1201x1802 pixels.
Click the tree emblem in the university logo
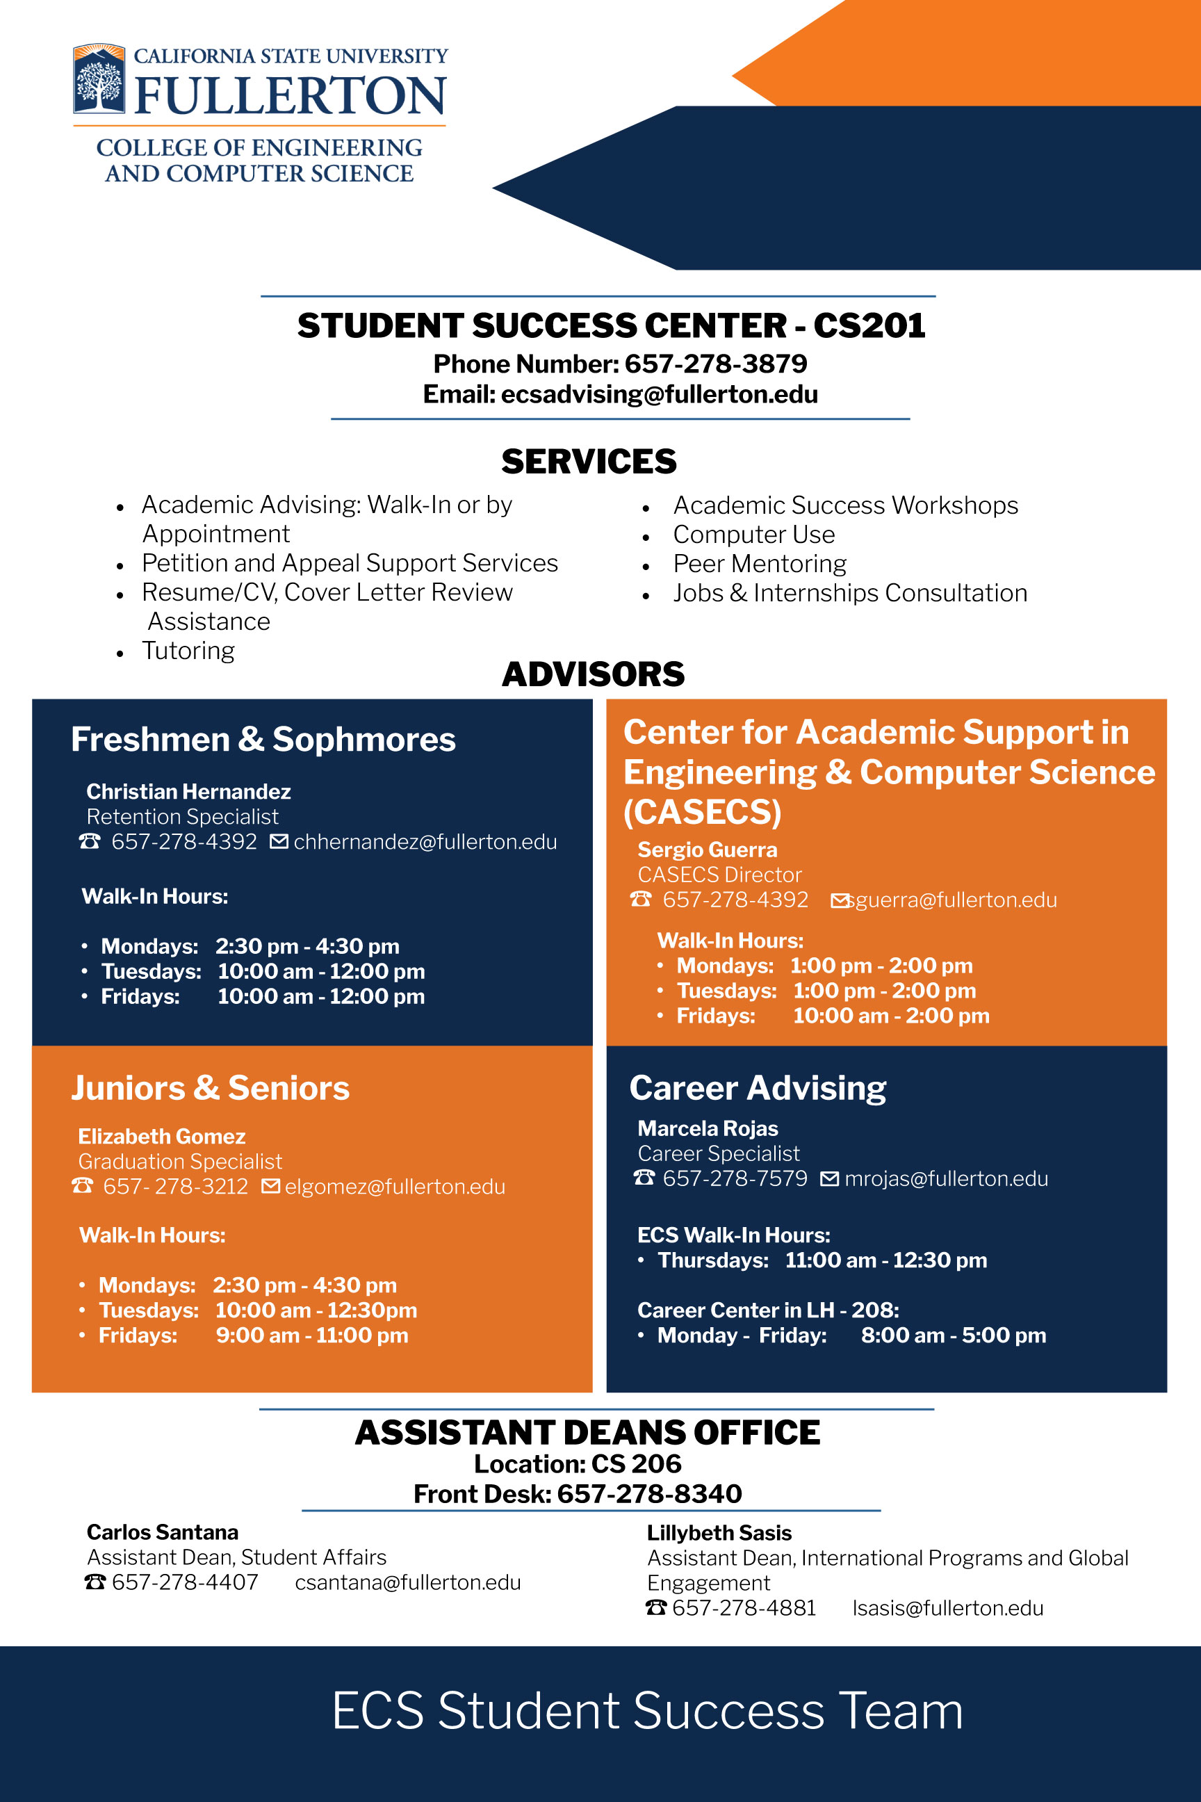(x=99, y=79)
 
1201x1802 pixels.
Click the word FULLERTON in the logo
(x=291, y=96)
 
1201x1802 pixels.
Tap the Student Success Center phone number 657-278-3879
(x=716, y=363)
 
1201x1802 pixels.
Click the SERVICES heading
(x=589, y=461)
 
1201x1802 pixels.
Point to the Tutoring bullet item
(x=188, y=651)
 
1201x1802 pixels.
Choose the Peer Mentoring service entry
(x=759, y=564)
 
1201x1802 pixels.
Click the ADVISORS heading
(x=593, y=674)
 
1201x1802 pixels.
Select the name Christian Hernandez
(x=188, y=791)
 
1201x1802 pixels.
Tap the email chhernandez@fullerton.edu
(x=425, y=842)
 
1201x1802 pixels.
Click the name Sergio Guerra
(x=707, y=850)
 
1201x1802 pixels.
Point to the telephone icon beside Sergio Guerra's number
(x=641, y=900)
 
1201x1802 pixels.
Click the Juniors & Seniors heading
(x=210, y=1088)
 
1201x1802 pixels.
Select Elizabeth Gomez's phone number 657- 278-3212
(x=175, y=1187)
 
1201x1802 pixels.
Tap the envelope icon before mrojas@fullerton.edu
(x=830, y=1178)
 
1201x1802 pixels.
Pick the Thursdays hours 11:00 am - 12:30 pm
(x=885, y=1260)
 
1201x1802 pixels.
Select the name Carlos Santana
(x=163, y=1532)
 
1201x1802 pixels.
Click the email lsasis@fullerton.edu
(x=947, y=1608)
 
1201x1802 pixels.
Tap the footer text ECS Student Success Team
(x=647, y=1711)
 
